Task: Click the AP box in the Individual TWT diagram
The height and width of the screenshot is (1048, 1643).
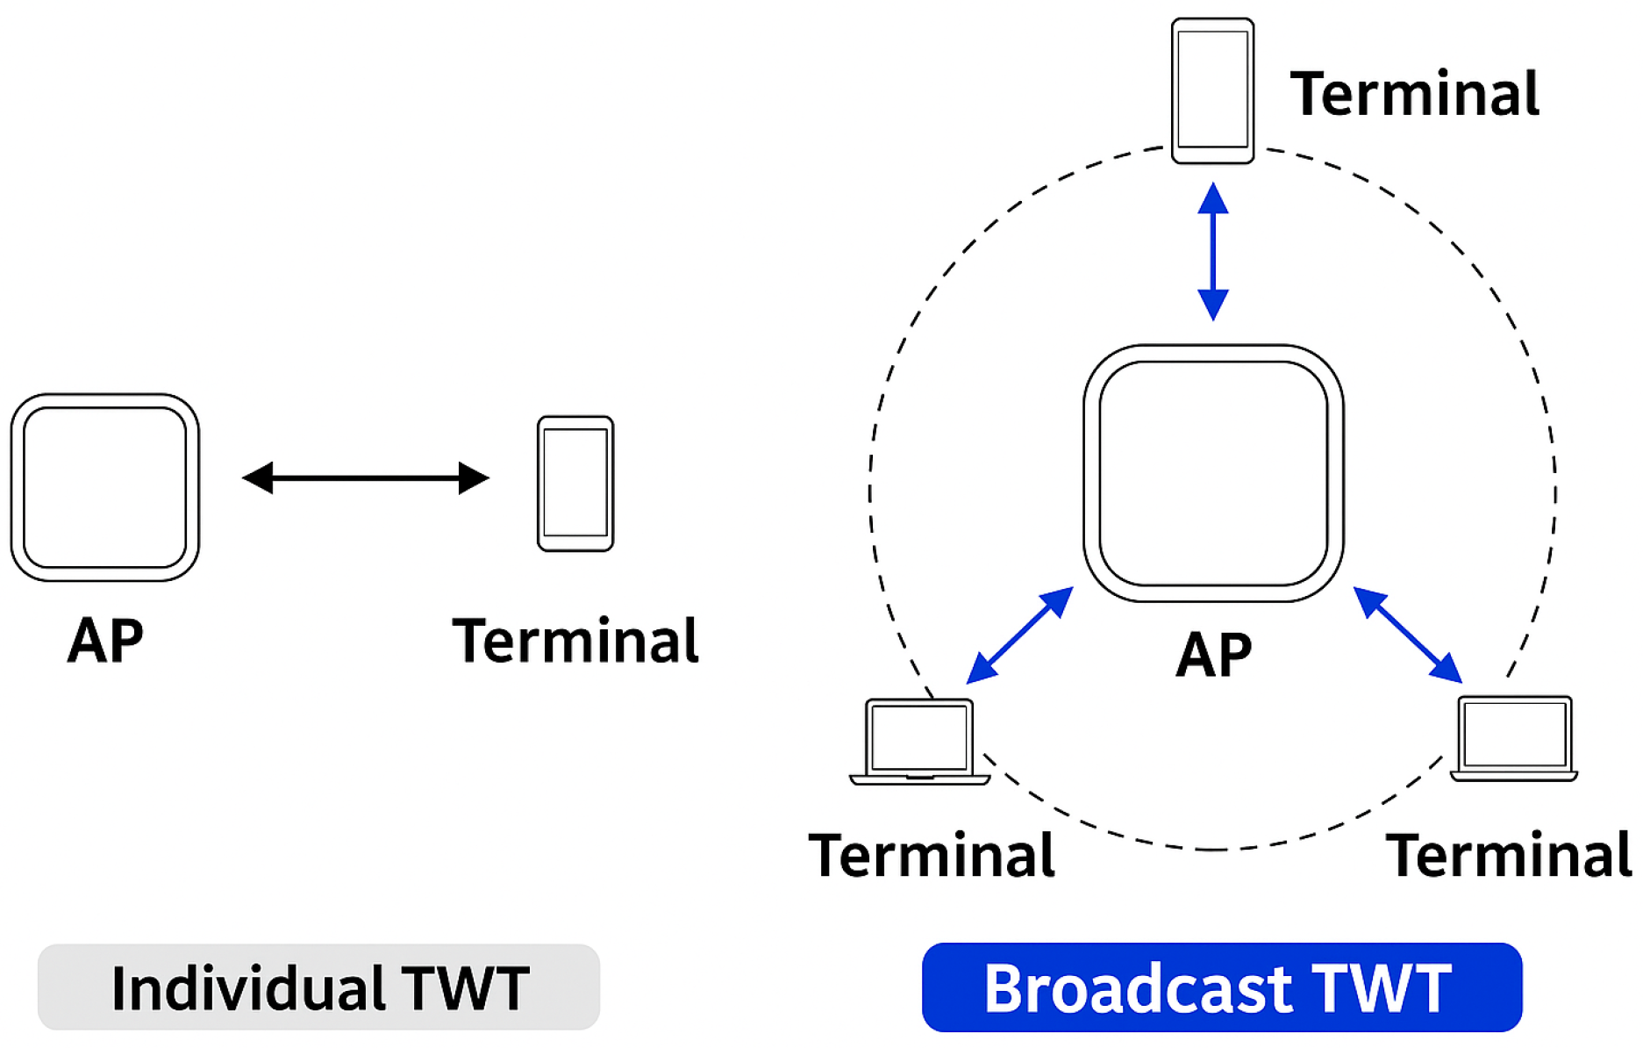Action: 105,487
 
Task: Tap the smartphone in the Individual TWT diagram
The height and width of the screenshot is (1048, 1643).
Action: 575,484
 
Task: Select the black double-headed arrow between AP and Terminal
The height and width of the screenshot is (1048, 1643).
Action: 366,478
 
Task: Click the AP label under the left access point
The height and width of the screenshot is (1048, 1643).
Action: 105,640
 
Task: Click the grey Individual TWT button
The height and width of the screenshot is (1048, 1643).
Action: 318,987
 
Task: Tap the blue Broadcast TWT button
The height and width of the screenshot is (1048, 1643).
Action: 1222,987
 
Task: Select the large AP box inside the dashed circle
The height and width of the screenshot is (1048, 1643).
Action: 1213,473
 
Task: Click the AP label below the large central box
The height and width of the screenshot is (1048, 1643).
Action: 1214,655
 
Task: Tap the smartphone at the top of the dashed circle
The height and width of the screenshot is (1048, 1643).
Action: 1213,90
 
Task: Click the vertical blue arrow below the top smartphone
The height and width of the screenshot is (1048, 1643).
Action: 1213,251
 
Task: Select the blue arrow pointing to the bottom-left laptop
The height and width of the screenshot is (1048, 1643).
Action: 1019,635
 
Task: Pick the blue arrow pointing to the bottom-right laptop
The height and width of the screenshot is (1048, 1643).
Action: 1408,635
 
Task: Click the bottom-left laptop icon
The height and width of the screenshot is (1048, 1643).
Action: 919,741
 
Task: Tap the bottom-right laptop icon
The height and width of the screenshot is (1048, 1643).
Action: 1514,738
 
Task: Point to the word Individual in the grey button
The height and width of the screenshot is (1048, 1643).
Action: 248,988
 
